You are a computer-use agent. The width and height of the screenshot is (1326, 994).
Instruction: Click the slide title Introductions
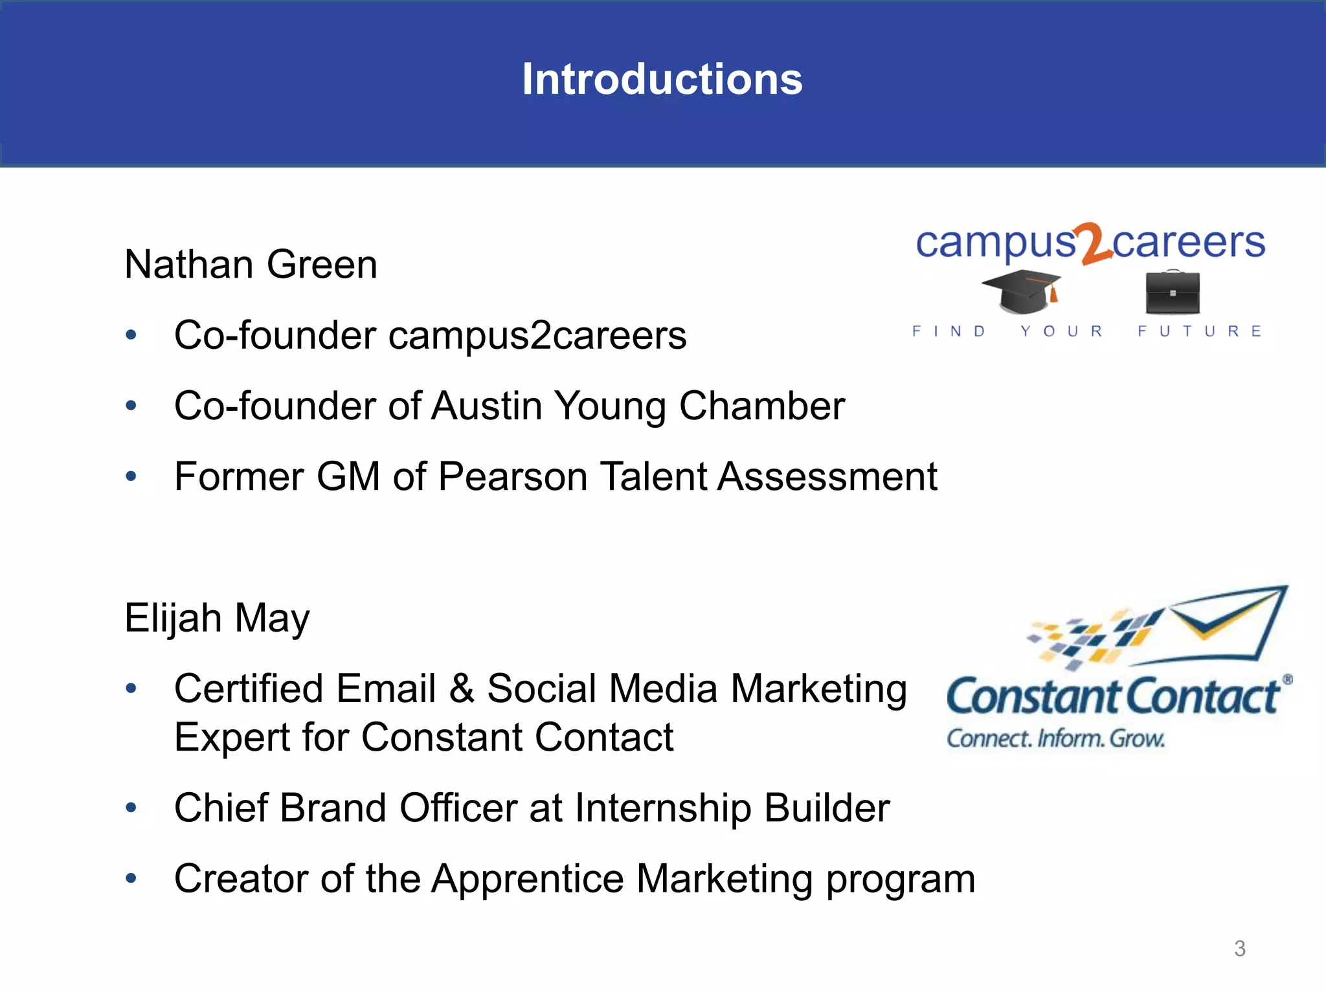pos(662,79)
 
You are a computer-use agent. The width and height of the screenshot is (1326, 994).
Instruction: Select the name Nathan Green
pos(251,265)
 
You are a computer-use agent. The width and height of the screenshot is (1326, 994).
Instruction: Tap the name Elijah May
pos(217,618)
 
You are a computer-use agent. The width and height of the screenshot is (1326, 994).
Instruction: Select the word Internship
pos(662,808)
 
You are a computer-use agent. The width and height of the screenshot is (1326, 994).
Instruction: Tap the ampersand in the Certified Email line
pos(461,689)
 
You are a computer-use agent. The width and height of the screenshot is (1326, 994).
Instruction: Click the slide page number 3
pos(1239,949)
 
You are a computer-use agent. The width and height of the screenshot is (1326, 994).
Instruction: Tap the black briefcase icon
pos(1172,292)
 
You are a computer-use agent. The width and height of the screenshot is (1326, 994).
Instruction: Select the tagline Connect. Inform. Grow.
pos(1055,738)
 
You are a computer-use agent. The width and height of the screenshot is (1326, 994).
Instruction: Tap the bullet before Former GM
pos(131,477)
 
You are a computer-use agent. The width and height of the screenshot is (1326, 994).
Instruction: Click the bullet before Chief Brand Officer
pos(131,808)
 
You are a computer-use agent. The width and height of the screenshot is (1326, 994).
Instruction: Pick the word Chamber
pos(761,406)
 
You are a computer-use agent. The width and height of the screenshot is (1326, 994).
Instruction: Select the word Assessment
pos(827,477)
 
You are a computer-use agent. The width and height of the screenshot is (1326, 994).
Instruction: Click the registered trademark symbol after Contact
pos(1287,679)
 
